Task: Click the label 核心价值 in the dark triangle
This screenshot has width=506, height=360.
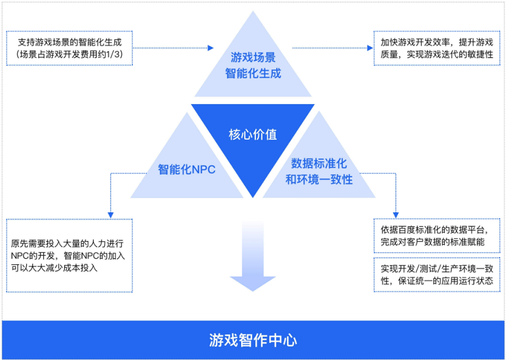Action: coord(253,135)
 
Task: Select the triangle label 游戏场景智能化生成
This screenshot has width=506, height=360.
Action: coord(253,65)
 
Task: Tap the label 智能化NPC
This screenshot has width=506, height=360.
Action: coord(186,170)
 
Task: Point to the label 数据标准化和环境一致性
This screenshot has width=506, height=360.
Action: coord(319,171)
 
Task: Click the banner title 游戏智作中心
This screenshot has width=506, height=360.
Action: coord(253,340)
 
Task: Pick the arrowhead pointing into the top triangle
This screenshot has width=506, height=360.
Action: coord(211,48)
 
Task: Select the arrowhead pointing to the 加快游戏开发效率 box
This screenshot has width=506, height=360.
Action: coord(370,48)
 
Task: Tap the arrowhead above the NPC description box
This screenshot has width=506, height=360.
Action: coord(111,215)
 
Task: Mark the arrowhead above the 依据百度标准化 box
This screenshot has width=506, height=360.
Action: coord(396,215)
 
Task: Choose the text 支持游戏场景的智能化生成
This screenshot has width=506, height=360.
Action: coord(70,42)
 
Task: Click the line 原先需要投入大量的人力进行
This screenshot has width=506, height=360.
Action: coord(67,243)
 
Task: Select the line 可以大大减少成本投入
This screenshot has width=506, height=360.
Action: coord(54,268)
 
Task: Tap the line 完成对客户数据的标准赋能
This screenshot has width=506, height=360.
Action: coord(432,242)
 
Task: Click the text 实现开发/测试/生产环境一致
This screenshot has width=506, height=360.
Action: coord(437,269)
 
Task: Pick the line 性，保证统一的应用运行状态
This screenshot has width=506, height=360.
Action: coord(437,281)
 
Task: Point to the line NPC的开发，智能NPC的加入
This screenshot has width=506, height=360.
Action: coord(68,256)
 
